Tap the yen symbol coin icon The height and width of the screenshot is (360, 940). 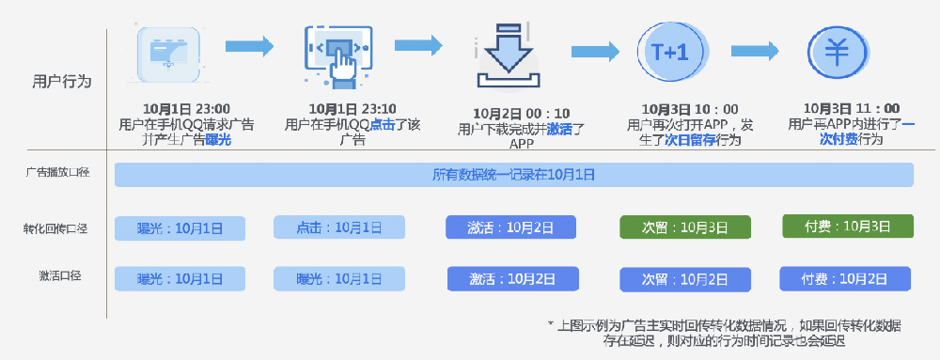tap(835, 53)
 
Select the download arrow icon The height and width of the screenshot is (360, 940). tap(509, 55)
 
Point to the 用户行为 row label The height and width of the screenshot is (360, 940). tap(62, 82)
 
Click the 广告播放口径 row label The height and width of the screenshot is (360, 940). tap(57, 172)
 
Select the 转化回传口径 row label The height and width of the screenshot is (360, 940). tap(56, 228)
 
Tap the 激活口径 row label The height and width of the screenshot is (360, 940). tap(60, 276)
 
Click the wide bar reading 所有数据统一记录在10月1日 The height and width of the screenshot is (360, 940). tap(513, 175)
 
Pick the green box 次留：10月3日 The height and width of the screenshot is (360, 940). tap(684, 227)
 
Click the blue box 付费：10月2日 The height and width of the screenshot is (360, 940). tap(845, 278)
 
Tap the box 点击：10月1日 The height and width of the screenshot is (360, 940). tap(339, 227)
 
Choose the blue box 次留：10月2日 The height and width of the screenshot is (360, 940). tap(685, 279)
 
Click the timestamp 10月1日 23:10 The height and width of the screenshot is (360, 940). tap(352, 108)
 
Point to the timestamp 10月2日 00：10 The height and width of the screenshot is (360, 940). tap(522, 114)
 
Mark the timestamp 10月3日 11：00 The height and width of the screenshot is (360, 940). tap(852, 109)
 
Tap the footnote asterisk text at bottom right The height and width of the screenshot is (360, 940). tap(724, 332)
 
